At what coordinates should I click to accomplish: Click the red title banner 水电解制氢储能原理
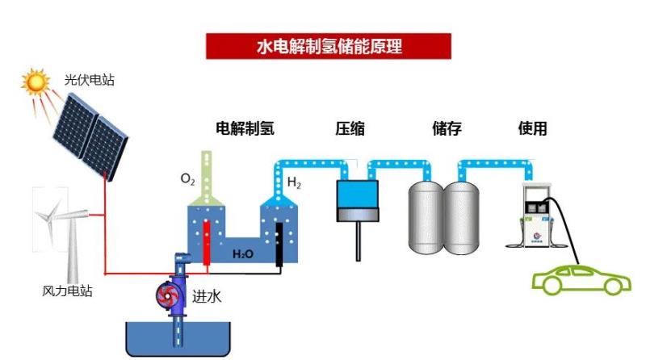328,46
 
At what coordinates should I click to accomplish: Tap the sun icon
36,82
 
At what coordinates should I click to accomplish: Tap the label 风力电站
67,291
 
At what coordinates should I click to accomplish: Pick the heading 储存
447,128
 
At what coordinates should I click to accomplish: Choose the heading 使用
533,128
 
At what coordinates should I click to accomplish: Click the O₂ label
187,178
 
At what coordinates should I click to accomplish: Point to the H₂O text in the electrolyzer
242,254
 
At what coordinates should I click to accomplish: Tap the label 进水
206,296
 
